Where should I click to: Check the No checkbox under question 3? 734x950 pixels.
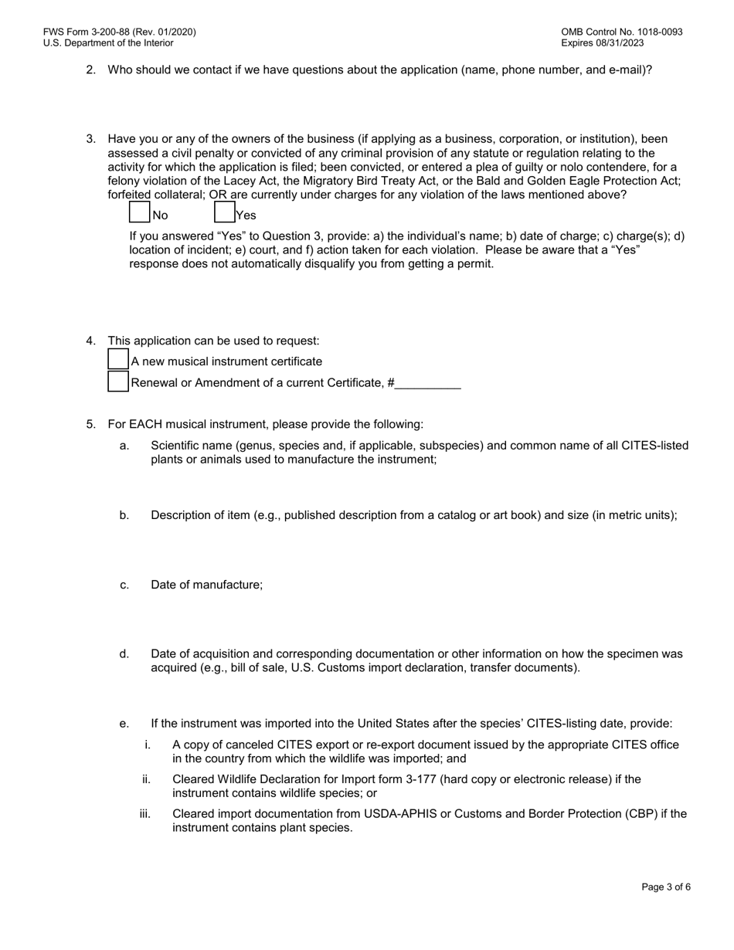139,212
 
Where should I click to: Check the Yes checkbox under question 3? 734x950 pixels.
224,212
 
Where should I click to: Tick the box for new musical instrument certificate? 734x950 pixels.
118,360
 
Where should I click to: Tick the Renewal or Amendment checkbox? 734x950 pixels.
118,382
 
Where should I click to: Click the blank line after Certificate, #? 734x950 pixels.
428,382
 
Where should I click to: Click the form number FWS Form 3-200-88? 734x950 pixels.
119,32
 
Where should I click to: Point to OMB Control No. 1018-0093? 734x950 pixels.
621,32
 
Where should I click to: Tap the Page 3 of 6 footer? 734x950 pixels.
666,887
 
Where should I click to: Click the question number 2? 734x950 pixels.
90,70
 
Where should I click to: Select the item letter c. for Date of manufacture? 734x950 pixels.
124,585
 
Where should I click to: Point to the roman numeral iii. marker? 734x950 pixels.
144,813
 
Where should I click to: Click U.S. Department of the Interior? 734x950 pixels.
108,43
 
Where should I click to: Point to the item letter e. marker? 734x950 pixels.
124,724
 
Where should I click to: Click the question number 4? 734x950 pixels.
90,341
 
